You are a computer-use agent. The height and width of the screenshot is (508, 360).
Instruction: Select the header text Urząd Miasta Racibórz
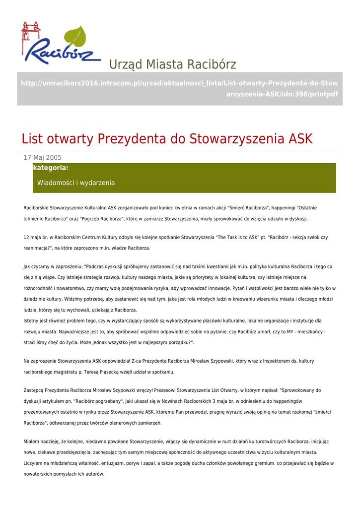(x=172, y=64)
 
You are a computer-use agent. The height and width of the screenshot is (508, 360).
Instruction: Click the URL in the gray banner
(x=179, y=88)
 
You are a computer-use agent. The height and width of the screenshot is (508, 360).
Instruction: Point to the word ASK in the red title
(x=301, y=139)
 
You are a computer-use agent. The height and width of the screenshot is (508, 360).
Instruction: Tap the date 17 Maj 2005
(x=43, y=158)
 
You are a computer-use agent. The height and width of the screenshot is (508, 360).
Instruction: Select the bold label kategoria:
(x=51, y=168)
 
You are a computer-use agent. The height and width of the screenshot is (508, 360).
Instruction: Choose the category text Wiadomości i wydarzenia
(x=76, y=183)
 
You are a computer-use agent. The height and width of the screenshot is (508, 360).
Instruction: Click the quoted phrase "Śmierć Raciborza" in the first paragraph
(x=249, y=208)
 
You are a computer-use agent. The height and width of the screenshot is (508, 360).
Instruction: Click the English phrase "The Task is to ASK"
(x=238, y=238)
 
